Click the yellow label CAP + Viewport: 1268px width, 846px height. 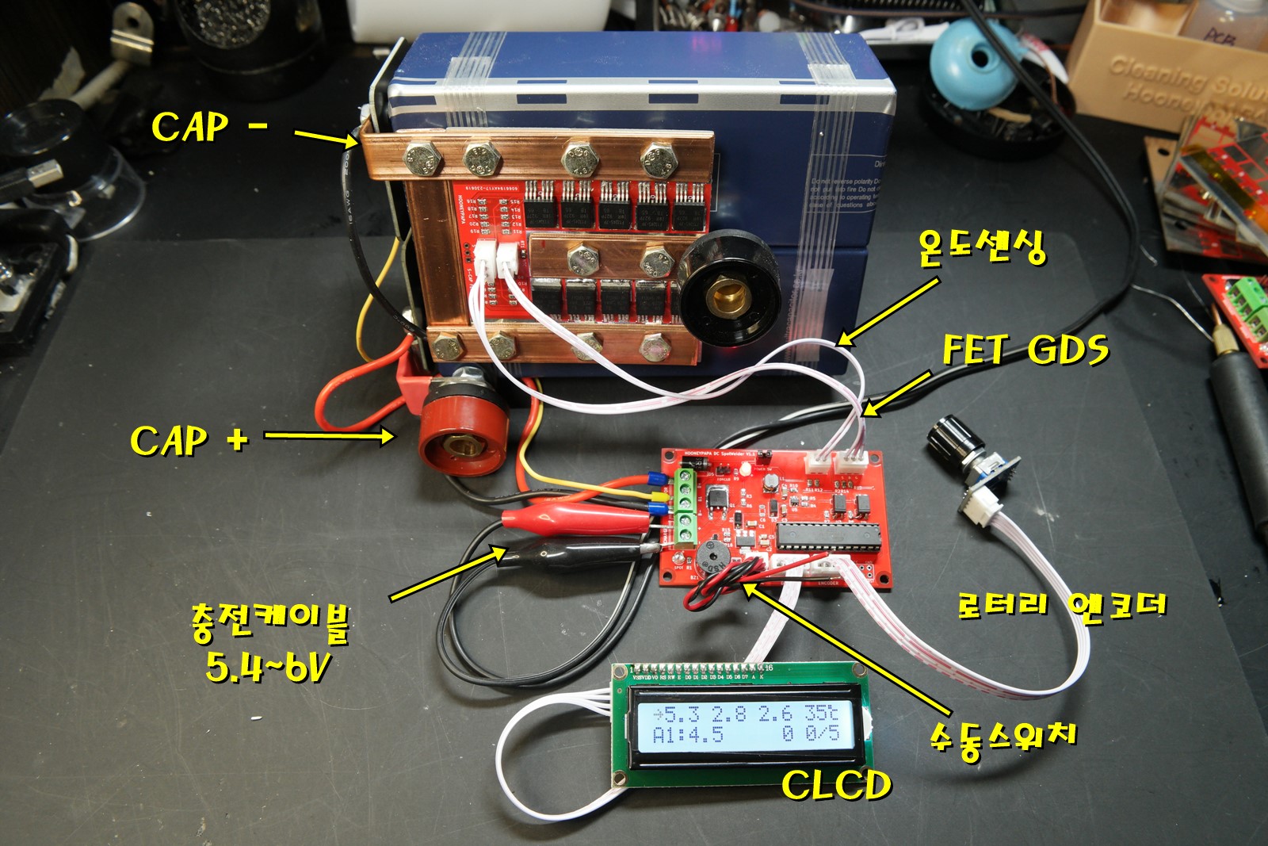[189, 440]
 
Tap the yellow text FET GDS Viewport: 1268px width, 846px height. [1025, 350]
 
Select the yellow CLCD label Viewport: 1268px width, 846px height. [836, 785]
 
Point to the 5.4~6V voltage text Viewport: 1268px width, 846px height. [267, 666]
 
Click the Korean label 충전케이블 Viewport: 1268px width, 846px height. [269, 622]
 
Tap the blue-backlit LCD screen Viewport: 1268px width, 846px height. [745, 725]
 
